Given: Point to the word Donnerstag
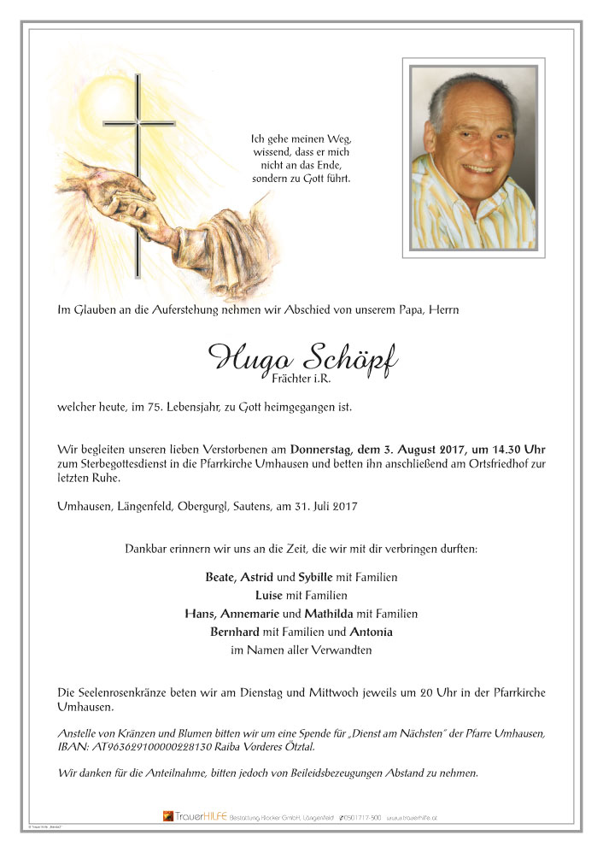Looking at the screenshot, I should click(x=322, y=449).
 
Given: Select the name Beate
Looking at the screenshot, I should click(x=220, y=577).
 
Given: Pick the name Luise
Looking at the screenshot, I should click(x=270, y=595).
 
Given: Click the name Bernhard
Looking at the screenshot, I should click(x=237, y=632).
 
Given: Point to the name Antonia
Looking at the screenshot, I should click(x=370, y=632).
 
